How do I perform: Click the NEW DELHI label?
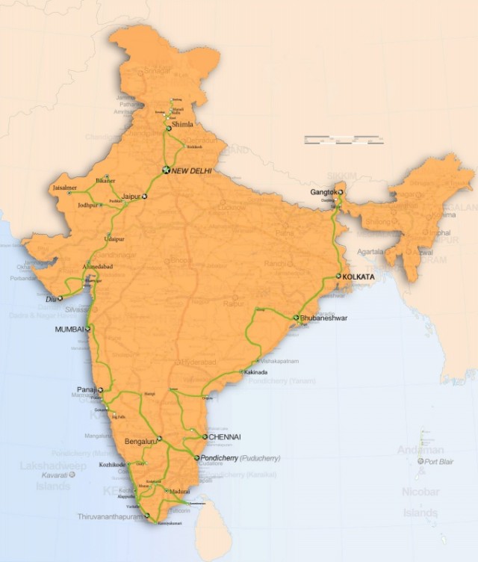click(191, 171)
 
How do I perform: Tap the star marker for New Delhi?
click(167, 170)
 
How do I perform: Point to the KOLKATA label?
click(358, 277)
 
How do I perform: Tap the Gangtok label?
click(323, 193)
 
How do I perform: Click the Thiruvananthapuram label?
click(111, 516)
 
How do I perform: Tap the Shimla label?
click(181, 125)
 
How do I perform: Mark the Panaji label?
click(87, 389)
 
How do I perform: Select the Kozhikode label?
click(115, 465)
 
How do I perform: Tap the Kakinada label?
click(255, 372)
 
